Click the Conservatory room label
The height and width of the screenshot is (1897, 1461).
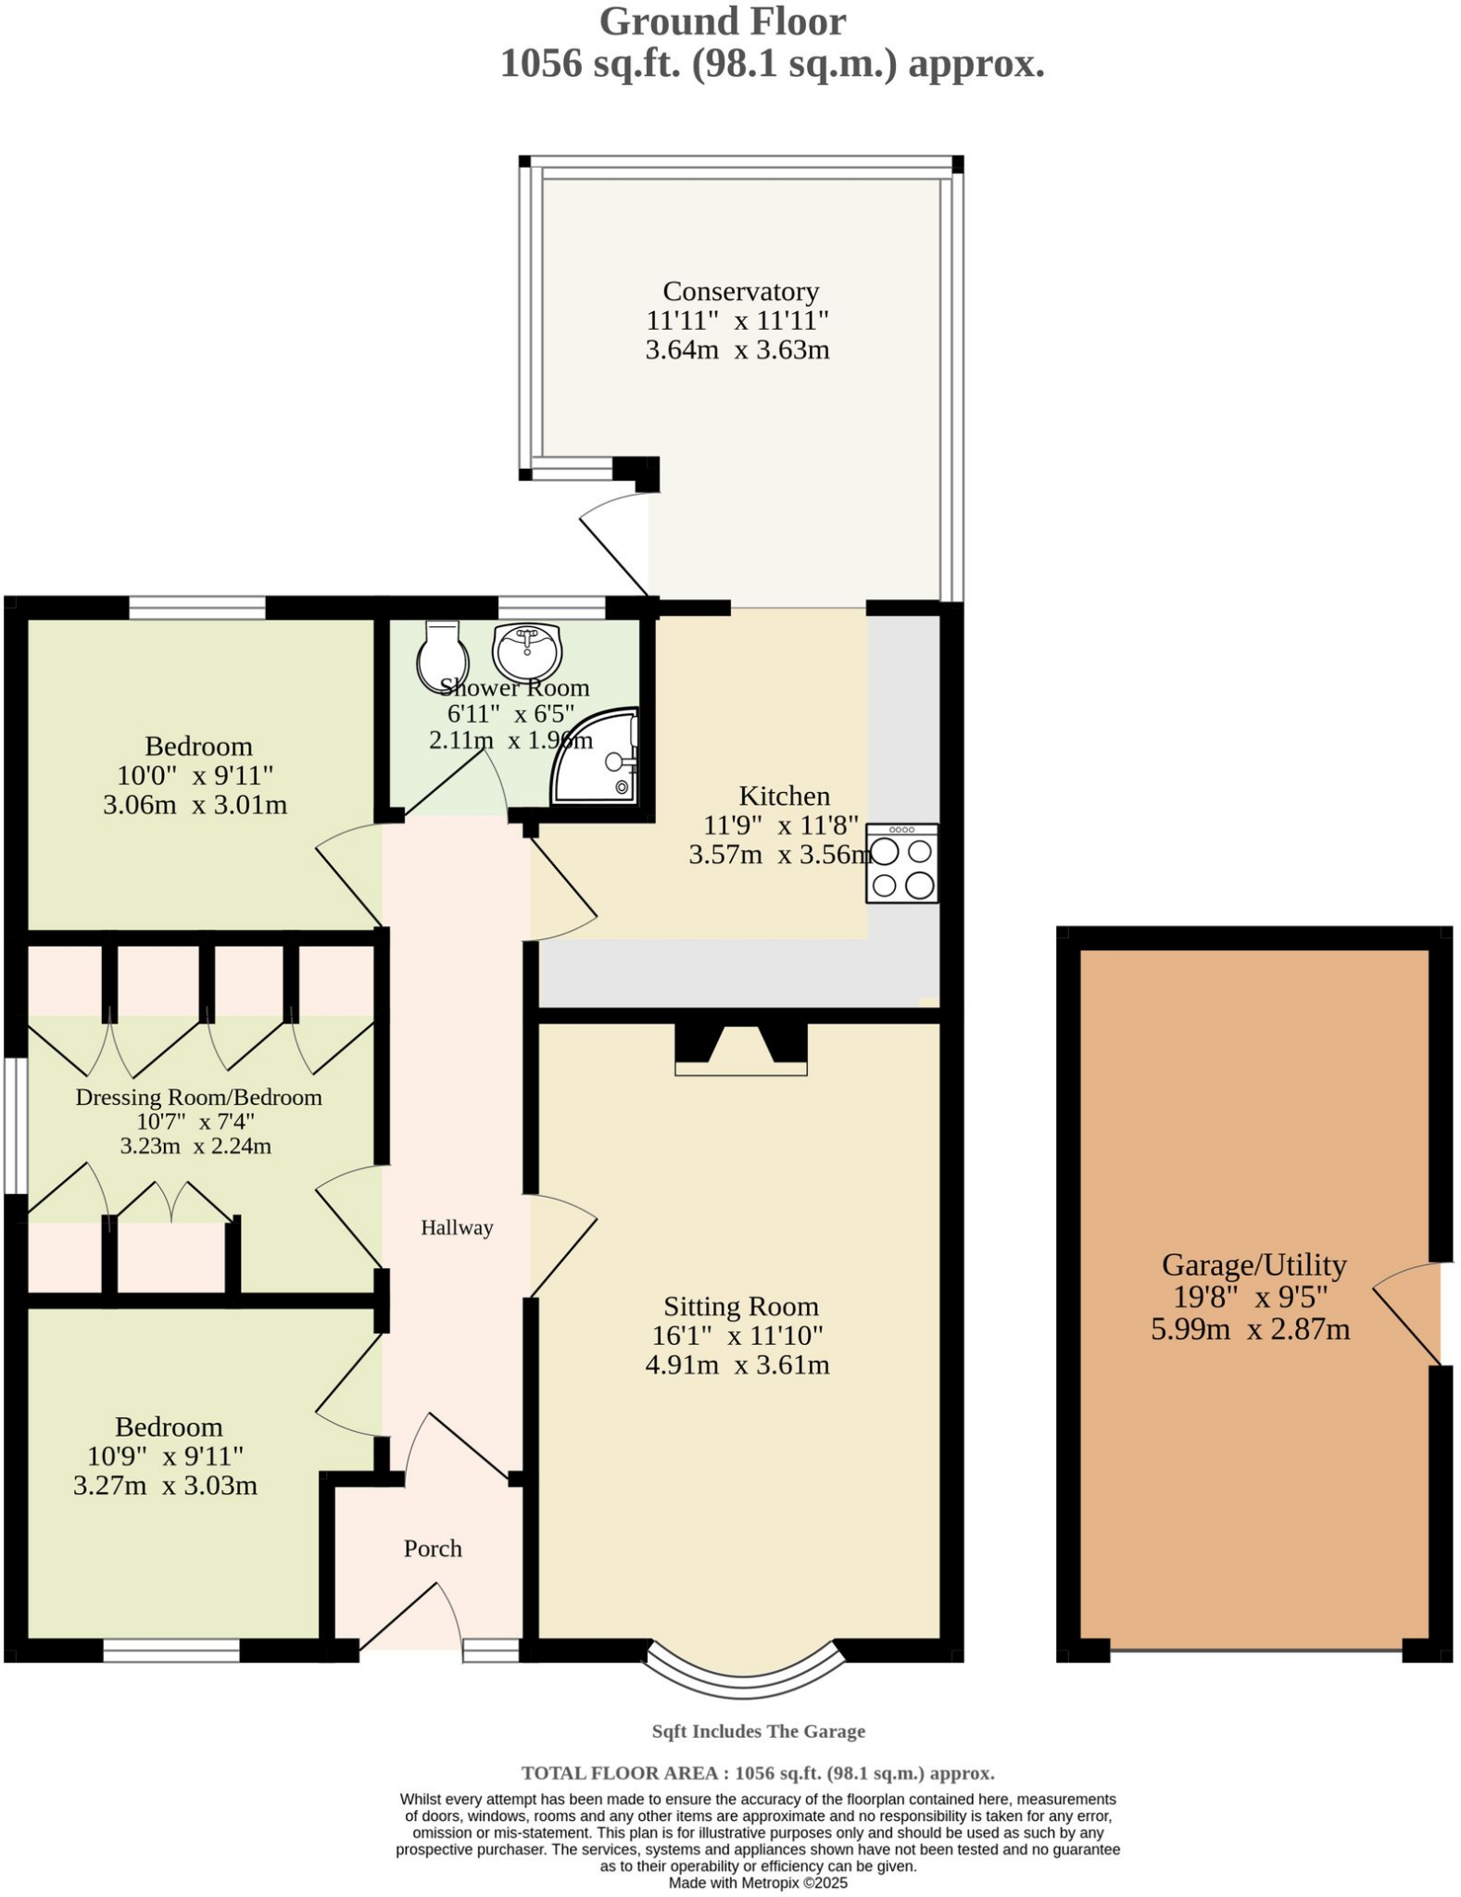point(740,292)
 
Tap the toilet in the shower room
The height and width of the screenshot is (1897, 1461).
point(441,656)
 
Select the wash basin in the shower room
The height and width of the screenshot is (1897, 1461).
point(527,649)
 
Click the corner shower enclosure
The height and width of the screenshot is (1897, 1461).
point(598,758)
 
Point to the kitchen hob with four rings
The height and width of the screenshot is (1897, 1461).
point(901,863)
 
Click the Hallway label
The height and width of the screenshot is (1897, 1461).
point(457,1228)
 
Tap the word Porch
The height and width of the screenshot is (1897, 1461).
point(433,1549)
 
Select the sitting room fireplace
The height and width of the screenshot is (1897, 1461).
point(740,1049)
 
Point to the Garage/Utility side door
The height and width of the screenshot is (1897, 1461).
point(1408,1313)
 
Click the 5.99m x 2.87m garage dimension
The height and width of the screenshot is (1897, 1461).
point(1250,1330)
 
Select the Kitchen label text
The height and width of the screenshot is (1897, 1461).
point(784,796)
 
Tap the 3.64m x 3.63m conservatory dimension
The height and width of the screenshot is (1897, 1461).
point(737,350)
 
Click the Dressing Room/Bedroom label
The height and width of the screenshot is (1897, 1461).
point(198,1098)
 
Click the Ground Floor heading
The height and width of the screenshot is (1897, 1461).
point(722,22)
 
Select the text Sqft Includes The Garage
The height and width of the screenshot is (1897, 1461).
point(758,1731)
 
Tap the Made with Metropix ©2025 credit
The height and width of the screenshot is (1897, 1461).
point(758,1883)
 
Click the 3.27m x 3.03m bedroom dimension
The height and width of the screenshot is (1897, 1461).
point(165,1486)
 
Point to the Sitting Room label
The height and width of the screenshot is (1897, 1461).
point(740,1307)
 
